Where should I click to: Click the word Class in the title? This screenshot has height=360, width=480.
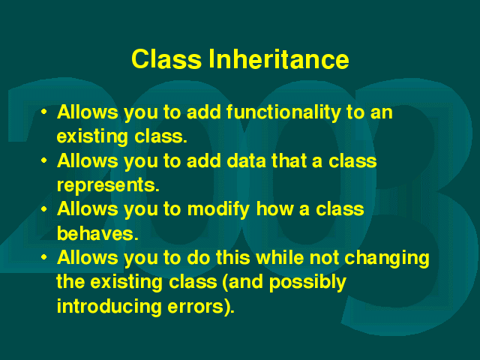166,59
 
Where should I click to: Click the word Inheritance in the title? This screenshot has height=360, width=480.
279,59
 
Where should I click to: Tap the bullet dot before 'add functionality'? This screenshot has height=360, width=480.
44,112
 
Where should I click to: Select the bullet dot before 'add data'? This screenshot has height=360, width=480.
44,160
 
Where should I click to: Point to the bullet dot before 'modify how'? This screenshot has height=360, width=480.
44,208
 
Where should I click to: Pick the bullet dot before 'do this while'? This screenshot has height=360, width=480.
44,257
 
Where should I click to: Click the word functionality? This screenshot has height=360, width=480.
283,112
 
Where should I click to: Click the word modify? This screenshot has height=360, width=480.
218,210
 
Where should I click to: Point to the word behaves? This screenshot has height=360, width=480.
96,233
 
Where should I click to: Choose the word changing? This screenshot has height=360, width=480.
387,258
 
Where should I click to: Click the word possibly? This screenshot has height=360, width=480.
307,283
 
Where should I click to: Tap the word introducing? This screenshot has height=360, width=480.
109,307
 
